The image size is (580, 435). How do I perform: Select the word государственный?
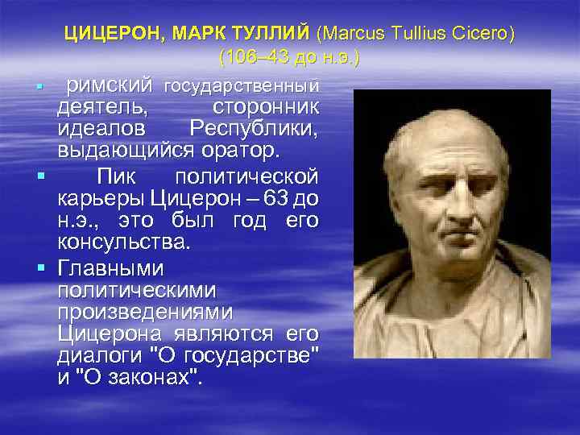[x=241, y=85]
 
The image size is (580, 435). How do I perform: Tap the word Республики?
[x=254, y=129]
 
